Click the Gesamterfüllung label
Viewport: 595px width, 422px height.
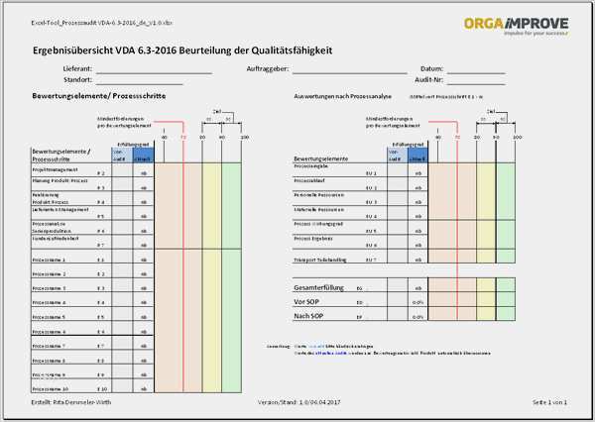point(321,287)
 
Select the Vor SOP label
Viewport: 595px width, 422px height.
point(307,301)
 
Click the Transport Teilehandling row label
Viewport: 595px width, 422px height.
point(322,259)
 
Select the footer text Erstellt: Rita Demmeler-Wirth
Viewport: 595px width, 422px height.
point(69,402)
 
